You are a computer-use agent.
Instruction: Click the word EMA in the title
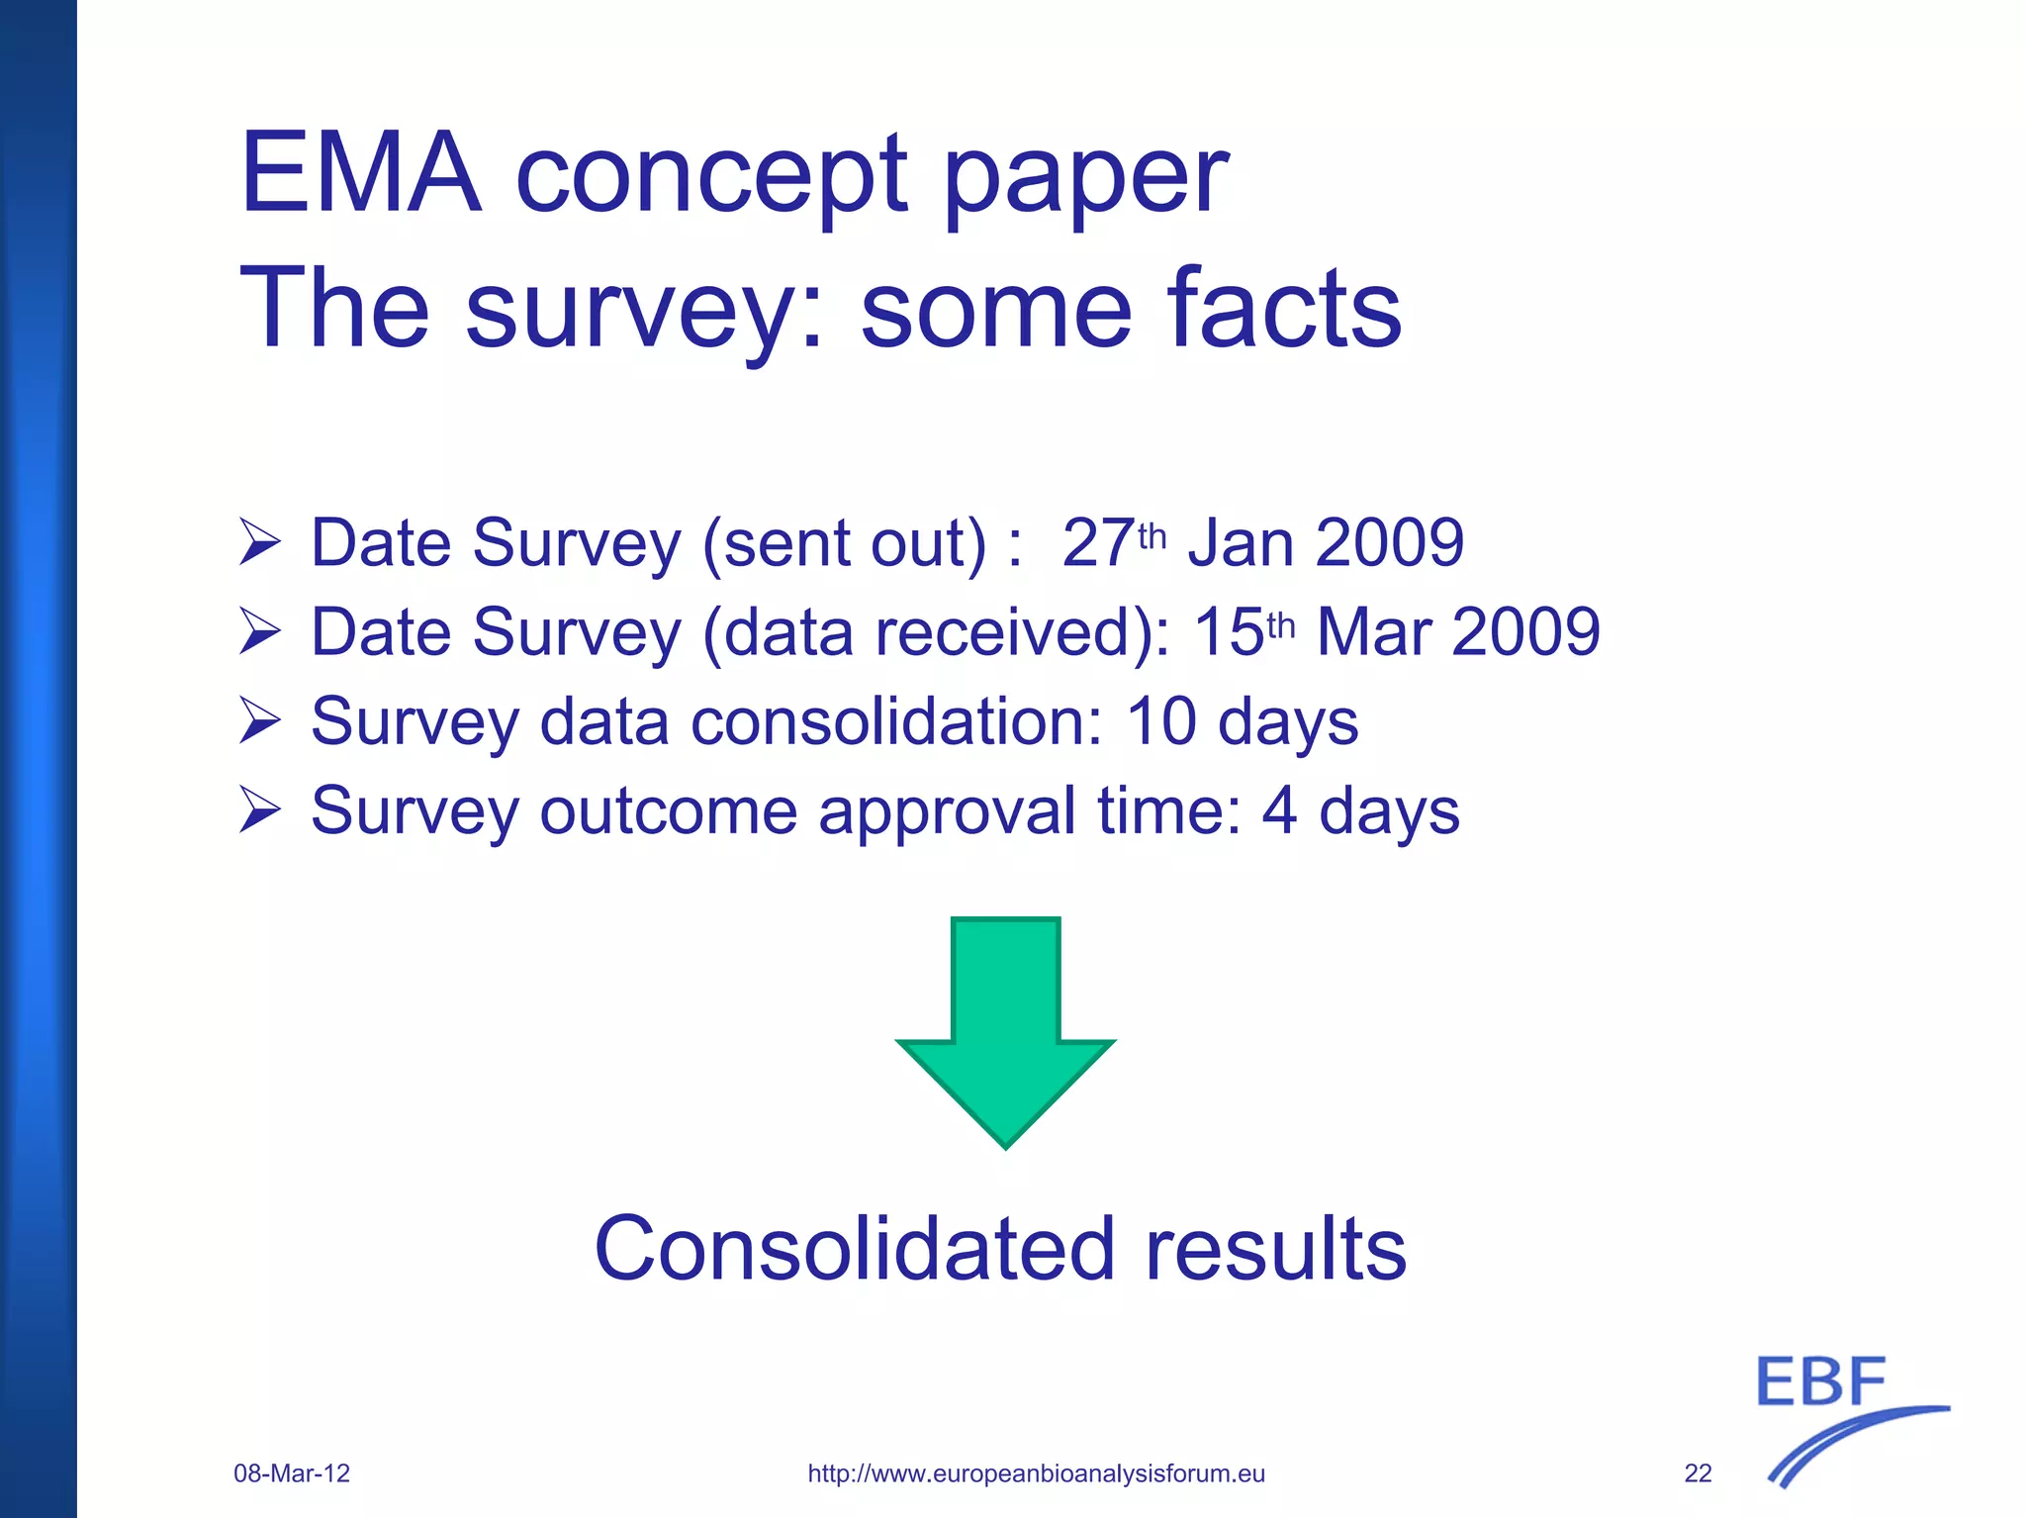coord(360,173)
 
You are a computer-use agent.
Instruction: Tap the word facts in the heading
coord(1284,309)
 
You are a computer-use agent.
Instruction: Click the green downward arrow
coord(1005,1029)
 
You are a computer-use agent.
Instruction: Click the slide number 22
coord(1698,1473)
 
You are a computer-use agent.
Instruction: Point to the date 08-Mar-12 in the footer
coord(292,1473)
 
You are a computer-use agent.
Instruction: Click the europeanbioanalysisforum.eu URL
coord(1036,1473)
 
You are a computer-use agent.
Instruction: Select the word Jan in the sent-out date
coord(1241,543)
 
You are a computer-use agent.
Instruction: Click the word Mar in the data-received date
coord(1373,632)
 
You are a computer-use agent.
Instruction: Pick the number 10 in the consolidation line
coord(1161,721)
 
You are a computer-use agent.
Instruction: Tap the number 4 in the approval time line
coord(1279,810)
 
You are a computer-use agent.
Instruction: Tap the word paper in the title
coord(1085,178)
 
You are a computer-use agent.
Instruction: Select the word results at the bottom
coord(1275,1249)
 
